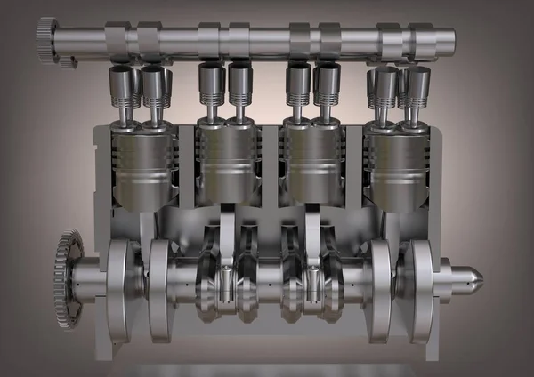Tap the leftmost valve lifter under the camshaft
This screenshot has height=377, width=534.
[122, 89]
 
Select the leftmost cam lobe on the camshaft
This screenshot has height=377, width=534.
[117, 40]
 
